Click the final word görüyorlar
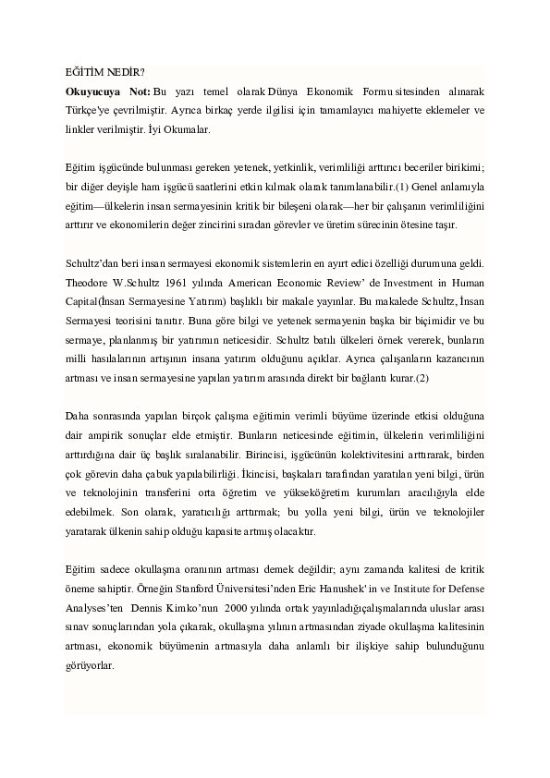click(90, 665)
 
